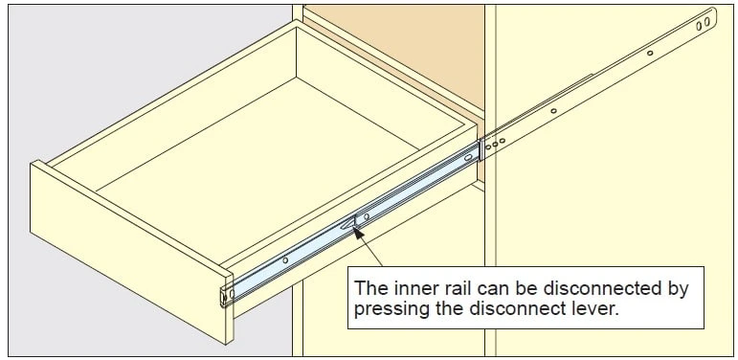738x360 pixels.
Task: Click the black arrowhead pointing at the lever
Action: coord(359,234)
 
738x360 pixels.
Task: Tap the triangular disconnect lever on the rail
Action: coord(348,223)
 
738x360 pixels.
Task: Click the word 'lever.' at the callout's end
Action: coord(596,309)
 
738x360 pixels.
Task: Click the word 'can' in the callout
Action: coord(486,289)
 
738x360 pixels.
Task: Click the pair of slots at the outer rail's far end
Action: coord(704,24)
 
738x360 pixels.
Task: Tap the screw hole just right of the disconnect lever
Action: coord(367,216)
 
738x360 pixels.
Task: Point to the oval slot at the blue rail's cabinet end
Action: coord(469,158)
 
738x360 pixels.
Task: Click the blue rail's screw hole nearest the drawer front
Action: coord(285,260)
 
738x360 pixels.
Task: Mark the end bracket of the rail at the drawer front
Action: coord(226,296)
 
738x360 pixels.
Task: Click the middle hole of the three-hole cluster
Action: coord(495,144)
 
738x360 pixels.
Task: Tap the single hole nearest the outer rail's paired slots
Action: coord(650,54)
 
